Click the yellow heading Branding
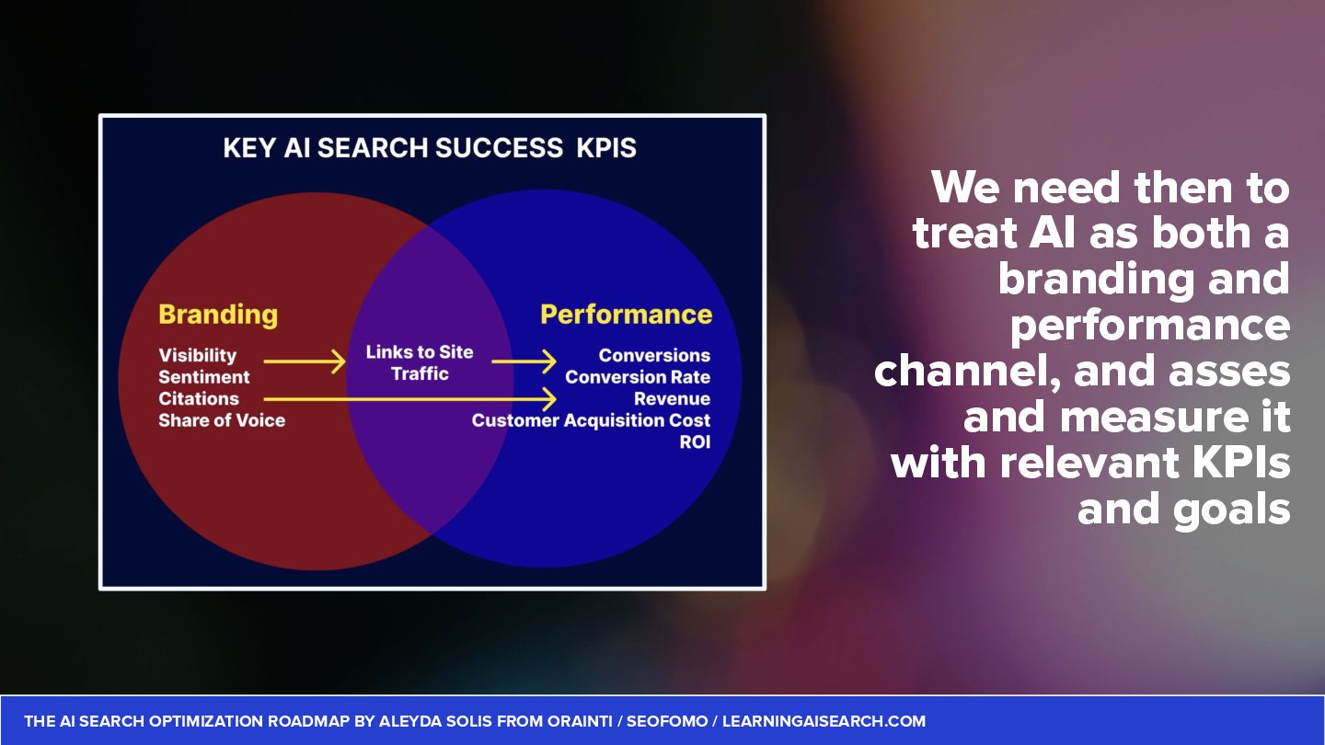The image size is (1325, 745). pyautogui.click(x=218, y=315)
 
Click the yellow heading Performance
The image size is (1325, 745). pyautogui.click(x=626, y=315)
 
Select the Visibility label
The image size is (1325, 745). pyautogui.click(x=197, y=355)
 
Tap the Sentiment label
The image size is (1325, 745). pyautogui.click(x=203, y=377)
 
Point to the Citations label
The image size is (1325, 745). pyautogui.click(x=198, y=398)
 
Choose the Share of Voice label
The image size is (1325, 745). pyautogui.click(x=222, y=420)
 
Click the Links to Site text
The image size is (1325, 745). pyautogui.click(x=420, y=351)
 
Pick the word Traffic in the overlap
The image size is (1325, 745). pyautogui.click(x=420, y=373)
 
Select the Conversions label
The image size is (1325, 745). pyautogui.click(x=654, y=355)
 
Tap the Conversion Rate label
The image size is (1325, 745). pyautogui.click(x=638, y=377)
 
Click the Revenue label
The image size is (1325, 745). pyautogui.click(x=672, y=398)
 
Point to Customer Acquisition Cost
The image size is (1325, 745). pyautogui.click(x=591, y=420)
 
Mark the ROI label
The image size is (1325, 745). pyautogui.click(x=694, y=442)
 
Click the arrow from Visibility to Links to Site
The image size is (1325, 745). pyautogui.click(x=304, y=361)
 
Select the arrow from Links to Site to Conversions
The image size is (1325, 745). pyautogui.click(x=524, y=361)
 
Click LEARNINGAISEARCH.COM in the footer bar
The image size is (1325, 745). pyautogui.click(x=824, y=721)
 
